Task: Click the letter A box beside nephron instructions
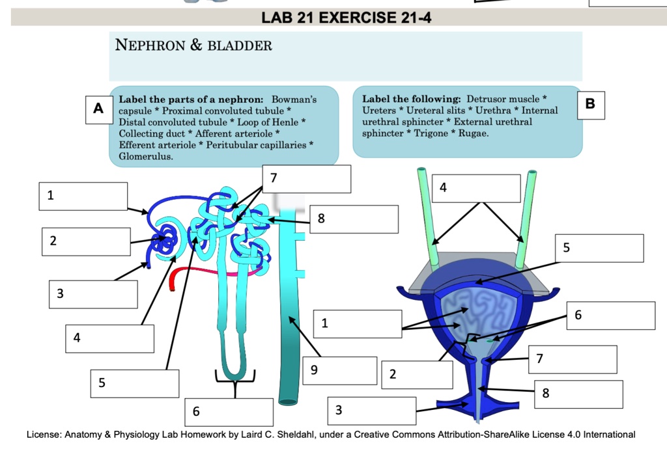point(98,108)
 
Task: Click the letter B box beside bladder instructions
point(590,104)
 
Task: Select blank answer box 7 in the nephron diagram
point(307,179)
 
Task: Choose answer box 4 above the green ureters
point(479,188)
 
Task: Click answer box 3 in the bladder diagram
point(371,411)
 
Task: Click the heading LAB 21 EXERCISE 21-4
point(346,18)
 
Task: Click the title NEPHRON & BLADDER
point(193,46)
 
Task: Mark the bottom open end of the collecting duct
point(287,399)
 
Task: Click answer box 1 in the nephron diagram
point(82,196)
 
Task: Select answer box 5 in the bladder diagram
point(599,248)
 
